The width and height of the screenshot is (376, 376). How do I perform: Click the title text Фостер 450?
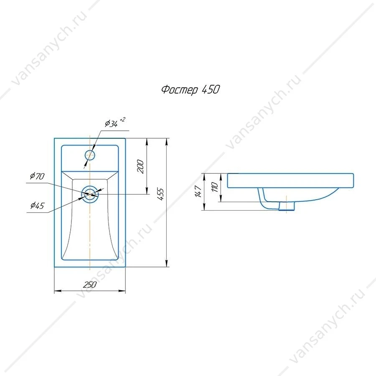coord(191,90)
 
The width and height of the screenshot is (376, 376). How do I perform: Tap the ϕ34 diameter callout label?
coord(111,124)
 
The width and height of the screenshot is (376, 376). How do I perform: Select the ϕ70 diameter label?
coord(38,176)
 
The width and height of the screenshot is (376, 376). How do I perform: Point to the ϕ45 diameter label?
coord(38,205)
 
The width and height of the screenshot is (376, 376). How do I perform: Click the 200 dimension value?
coord(140,166)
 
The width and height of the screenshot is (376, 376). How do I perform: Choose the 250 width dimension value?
coord(90,285)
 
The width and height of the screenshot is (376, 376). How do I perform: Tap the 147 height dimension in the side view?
coord(198,191)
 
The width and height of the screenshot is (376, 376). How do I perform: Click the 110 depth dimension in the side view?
coord(215,187)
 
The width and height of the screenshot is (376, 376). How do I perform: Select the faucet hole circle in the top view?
coord(90,150)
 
